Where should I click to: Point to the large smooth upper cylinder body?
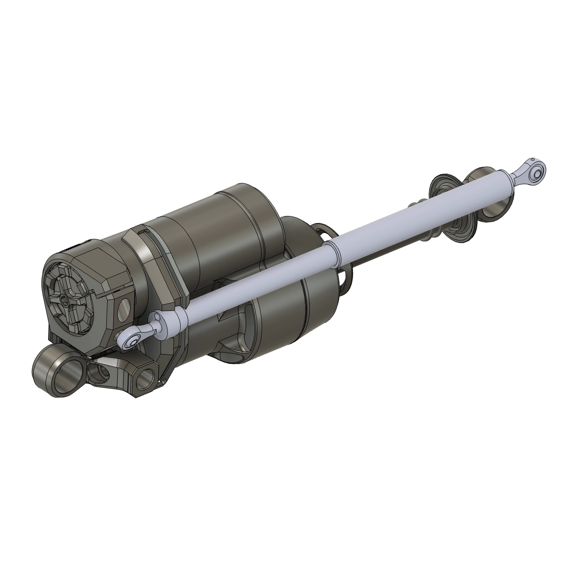(219, 236)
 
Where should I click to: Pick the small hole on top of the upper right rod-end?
(532, 161)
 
